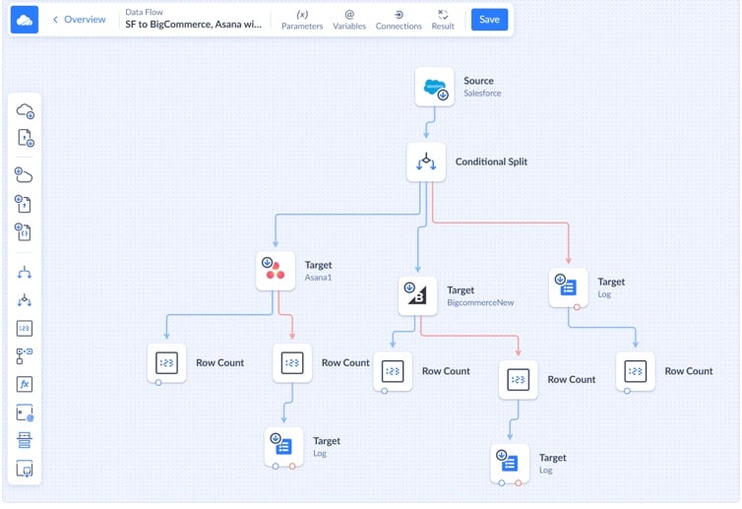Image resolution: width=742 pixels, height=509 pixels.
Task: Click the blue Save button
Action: tap(489, 20)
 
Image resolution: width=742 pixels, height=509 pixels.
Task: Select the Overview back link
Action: tap(79, 20)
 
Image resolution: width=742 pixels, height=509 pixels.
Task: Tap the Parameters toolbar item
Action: tap(302, 20)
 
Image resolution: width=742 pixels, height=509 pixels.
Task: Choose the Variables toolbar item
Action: tap(349, 20)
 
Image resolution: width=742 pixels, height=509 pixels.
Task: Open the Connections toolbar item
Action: tap(399, 20)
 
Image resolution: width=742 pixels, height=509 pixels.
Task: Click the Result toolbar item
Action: tap(443, 20)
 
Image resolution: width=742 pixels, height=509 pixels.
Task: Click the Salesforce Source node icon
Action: tap(434, 87)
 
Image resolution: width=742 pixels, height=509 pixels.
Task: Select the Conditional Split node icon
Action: tap(426, 161)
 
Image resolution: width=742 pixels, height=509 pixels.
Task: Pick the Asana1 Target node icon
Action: tap(275, 270)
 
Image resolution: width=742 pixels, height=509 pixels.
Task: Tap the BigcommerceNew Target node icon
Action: tap(417, 295)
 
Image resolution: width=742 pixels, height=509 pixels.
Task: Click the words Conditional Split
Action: tap(491, 161)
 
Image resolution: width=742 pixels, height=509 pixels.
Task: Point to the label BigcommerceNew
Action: tap(480, 303)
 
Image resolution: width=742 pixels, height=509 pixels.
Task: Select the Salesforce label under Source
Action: tap(482, 94)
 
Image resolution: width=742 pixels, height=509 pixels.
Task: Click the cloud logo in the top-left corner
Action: tap(25, 20)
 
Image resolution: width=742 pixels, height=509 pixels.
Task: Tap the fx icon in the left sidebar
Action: tap(25, 385)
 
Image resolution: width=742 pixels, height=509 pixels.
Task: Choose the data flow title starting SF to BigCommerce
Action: tap(193, 25)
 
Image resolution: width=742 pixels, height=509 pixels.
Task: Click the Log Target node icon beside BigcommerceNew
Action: tap(568, 286)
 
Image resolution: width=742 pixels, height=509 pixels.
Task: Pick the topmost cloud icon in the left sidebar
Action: tap(25, 111)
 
